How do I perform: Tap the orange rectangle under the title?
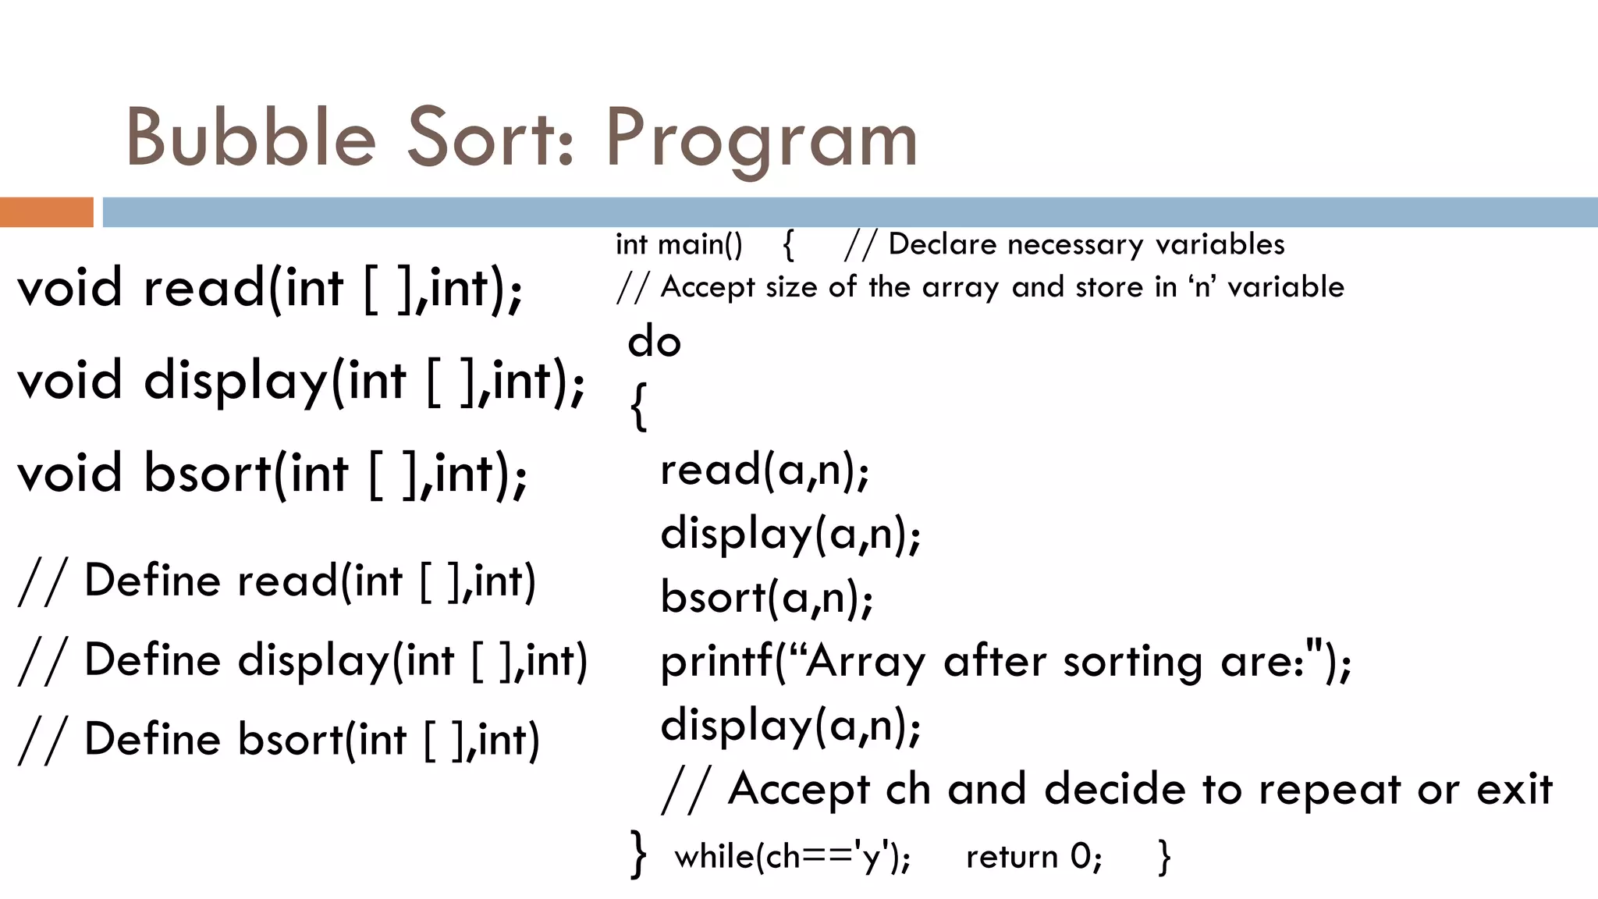click(46, 212)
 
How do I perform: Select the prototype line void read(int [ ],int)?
click(270, 289)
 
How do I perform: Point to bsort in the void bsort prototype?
click(207, 474)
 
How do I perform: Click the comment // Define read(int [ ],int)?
click(277, 581)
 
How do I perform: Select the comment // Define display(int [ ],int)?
click(303, 661)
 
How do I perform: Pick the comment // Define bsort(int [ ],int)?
click(279, 740)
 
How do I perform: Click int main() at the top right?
click(679, 245)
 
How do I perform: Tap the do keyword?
click(654, 342)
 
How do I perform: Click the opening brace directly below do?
click(637, 406)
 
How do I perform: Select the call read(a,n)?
click(765, 471)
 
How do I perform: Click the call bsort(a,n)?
click(766, 599)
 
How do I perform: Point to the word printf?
click(717, 663)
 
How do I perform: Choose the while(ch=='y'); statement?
click(792, 857)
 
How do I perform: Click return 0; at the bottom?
click(1034, 857)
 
